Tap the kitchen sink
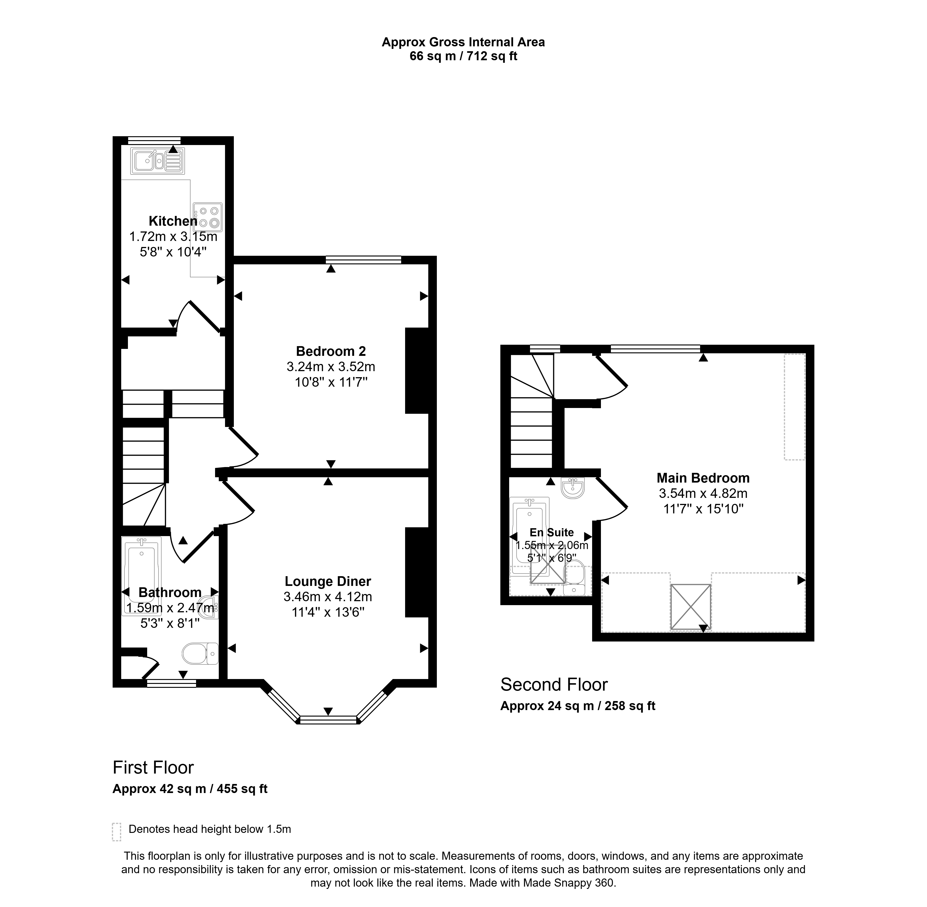click(x=157, y=161)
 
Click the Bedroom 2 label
click(x=331, y=351)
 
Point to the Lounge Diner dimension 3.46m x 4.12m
click(x=328, y=596)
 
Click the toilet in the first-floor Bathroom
click(x=200, y=654)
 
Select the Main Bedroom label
click(x=703, y=478)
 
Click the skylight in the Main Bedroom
click(x=691, y=607)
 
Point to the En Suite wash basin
click(x=572, y=488)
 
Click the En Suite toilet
click(x=574, y=577)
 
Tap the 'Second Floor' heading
click(x=554, y=685)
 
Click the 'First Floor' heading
click(x=153, y=768)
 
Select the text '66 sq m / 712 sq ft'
click(x=463, y=56)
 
